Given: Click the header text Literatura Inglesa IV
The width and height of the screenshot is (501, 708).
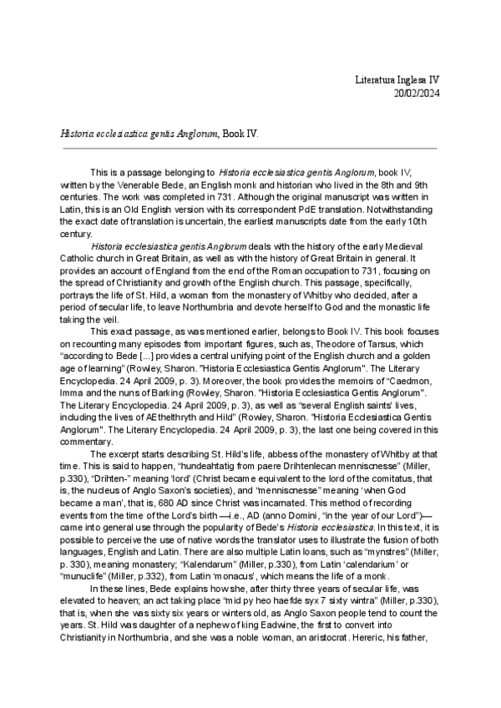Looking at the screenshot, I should pyautogui.click(x=393, y=79).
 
